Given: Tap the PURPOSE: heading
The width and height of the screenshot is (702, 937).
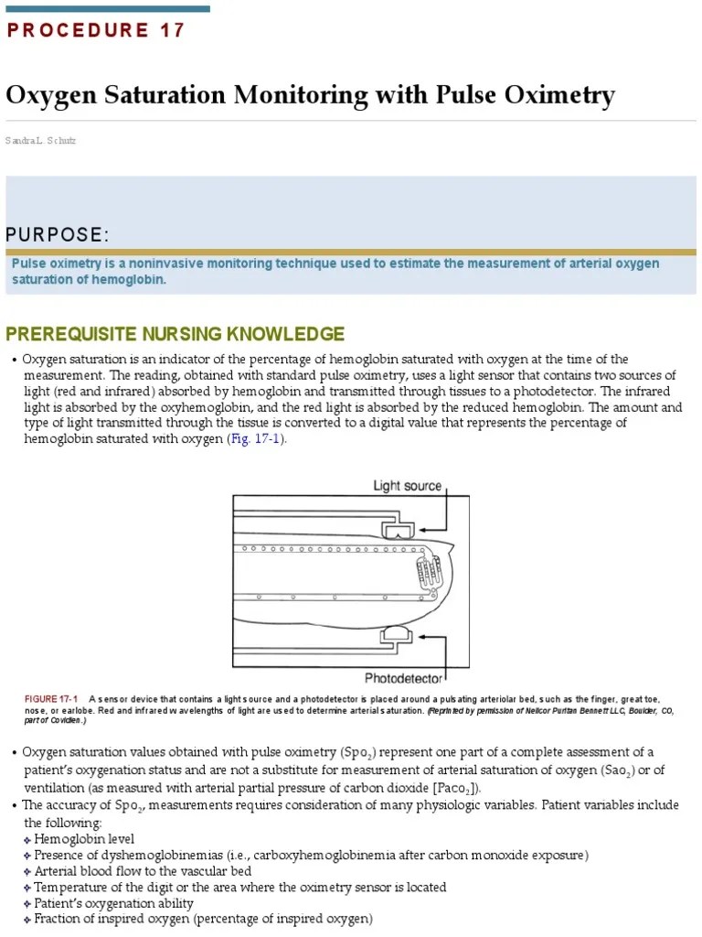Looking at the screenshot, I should [58, 235].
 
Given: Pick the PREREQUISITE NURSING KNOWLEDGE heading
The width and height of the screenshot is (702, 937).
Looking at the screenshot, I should [175, 333].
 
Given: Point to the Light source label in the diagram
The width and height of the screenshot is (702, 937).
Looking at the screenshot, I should [407, 486].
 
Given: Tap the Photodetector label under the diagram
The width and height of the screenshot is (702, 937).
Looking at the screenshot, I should [403, 678].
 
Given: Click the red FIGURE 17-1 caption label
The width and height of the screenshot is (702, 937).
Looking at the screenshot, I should [51, 700].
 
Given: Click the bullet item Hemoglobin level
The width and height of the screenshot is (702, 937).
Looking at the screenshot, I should [84, 839].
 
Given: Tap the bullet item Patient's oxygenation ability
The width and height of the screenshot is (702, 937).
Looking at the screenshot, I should [113, 903].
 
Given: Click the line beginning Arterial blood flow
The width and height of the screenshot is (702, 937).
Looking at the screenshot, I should [135, 871].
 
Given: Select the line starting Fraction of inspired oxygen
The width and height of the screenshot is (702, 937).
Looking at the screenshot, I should [203, 919].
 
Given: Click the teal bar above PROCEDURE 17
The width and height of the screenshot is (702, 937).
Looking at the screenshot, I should [108, 9].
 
